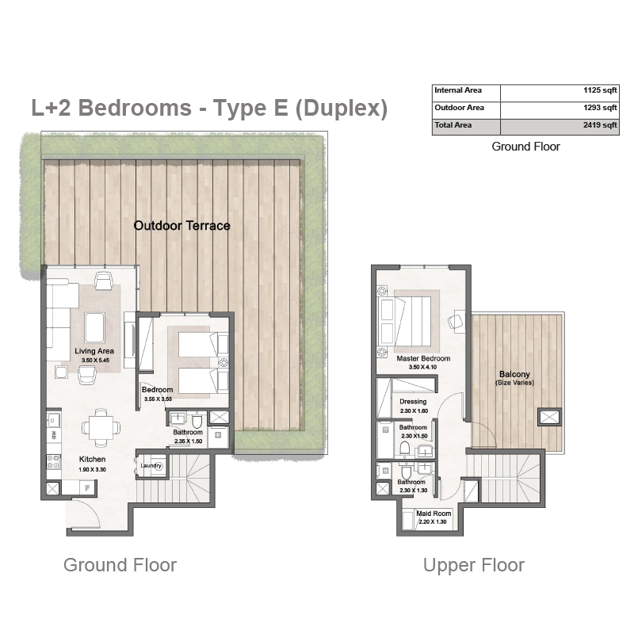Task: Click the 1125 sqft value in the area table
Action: coord(600,90)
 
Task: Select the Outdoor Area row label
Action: coord(459,108)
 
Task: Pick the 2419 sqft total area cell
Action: coord(600,125)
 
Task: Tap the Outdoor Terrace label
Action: coord(182,226)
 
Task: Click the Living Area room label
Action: coord(94,351)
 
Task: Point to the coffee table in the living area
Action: coord(95,327)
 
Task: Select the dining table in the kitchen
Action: coord(101,428)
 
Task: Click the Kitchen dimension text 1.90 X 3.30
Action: coord(92,469)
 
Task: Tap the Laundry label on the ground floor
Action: coord(151,465)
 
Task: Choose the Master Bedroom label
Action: coord(423,358)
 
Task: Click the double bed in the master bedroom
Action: coord(409,322)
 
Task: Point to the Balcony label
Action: coord(514,374)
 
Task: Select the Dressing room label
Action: coord(413,402)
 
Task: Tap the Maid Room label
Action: coord(433,514)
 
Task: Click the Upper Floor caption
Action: coord(473,565)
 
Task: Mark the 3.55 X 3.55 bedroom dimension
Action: coord(158,399)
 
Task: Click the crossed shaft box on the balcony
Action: coord(549,417)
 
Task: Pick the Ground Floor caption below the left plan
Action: coord(120,565)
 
